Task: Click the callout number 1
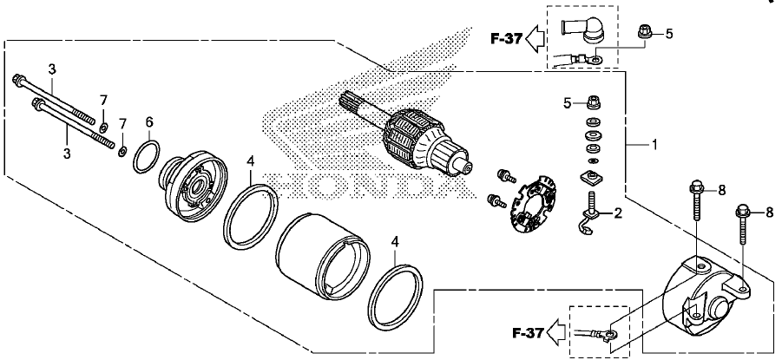pos(654,145)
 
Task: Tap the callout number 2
pos(618,214)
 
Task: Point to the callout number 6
pos(149,121)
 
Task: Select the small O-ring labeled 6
pos(147,157)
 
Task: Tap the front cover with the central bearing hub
pos(193,186)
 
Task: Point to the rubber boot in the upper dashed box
pos(583,32)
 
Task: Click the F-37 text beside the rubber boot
pos(506,38)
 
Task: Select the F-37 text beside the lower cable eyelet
pos(529,332)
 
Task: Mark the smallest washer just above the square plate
pos(593,160)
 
